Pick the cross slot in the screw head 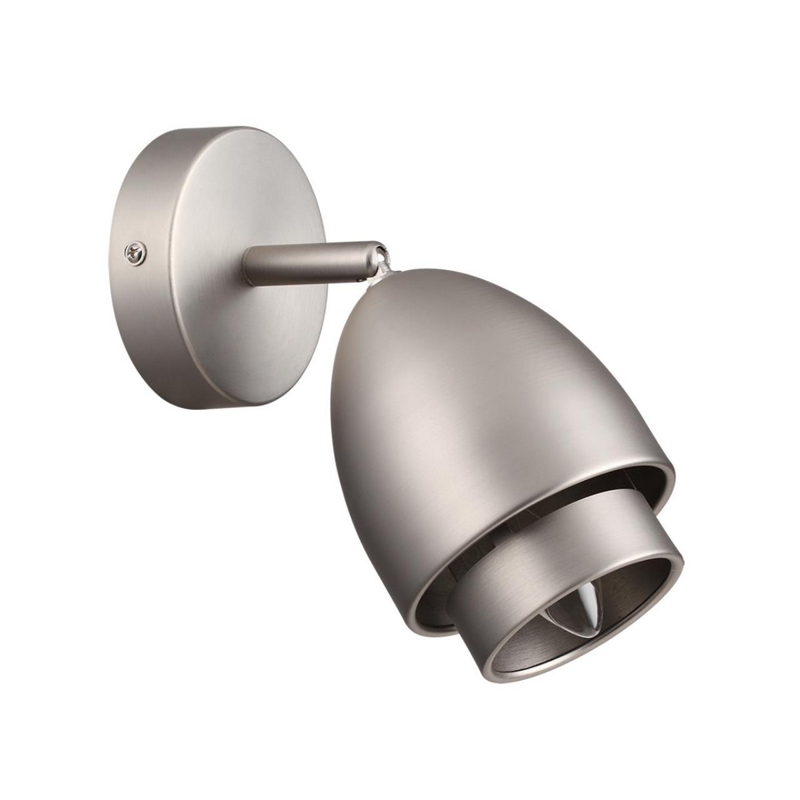[x=135, y=253]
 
